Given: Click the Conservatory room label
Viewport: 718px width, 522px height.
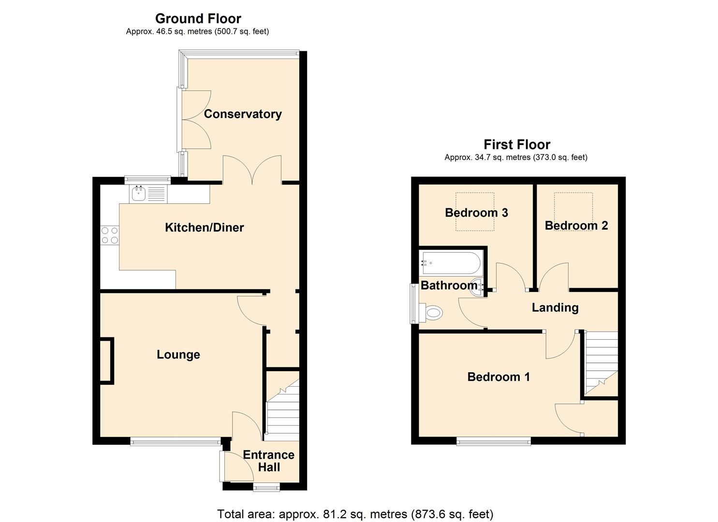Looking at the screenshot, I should click(243, 114).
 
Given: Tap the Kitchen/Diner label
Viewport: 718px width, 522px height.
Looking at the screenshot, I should click(204, 227).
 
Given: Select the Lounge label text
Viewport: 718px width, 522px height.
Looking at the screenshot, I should click(178, 355).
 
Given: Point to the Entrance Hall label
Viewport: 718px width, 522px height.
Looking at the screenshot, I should click(268, 461).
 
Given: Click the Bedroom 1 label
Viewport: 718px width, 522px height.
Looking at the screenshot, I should click(498, 377).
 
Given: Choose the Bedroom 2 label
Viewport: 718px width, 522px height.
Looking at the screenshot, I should click(576, 226).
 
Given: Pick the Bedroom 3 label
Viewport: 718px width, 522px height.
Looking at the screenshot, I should click(476, 213).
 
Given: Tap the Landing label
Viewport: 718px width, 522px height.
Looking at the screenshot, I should click(555, 308).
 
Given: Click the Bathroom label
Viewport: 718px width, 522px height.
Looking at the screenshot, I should click(449, 285).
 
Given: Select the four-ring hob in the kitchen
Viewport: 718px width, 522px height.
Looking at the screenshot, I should click(110, 235).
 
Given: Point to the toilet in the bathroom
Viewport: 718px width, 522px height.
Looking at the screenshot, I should click(432, 313).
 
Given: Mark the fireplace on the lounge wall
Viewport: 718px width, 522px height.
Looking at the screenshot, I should click(106, 361).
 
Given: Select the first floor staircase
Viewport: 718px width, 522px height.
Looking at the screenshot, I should click(601, 362).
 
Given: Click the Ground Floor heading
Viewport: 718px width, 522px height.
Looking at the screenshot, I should click(198, 19).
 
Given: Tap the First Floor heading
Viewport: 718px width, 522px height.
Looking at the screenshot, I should click(516, 145).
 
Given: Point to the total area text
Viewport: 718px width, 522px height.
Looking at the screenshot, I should click(355, 514).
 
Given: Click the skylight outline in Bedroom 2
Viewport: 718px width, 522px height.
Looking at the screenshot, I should click(573, 211).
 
